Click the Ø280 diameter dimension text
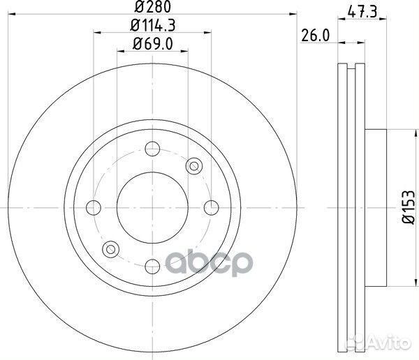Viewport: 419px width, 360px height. pyautogui.click(x=152, y=8)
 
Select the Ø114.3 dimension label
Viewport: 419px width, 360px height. pyautogui.click(x=152, y=27)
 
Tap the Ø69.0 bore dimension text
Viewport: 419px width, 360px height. pyautogui.click(x=152, y=45)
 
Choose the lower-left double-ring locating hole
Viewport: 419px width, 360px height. pyautogui.click(x=110, y=248)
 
